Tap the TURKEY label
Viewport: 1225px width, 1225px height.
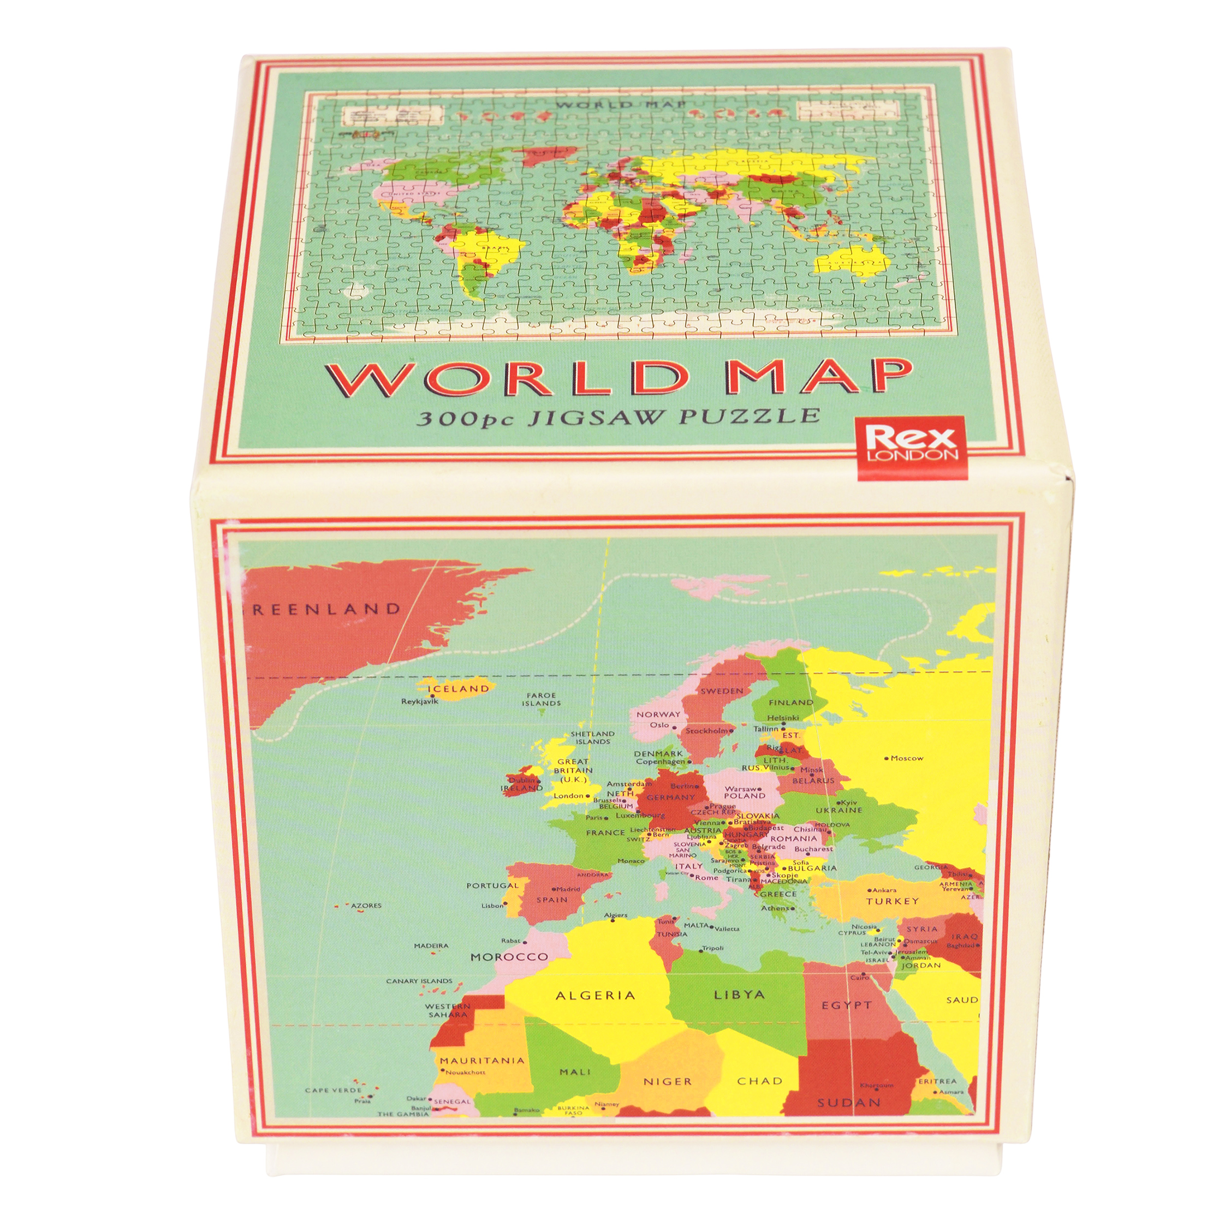coord(892,900)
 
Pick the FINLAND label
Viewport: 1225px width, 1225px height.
coord(790,703)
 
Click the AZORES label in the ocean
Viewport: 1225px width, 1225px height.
coord(366,906)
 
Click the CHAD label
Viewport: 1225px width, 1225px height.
coord(759,1081)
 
